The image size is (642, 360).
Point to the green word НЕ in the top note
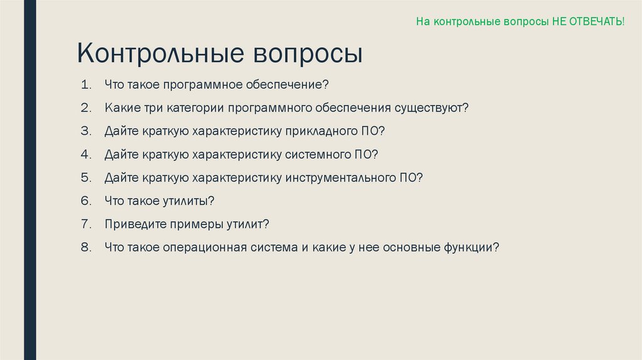pos(559,21)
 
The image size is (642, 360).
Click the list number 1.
pos(85,85)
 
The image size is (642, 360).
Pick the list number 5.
pos(85,177)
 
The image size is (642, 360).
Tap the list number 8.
pos(85,247)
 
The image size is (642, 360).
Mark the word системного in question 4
pos(317,154)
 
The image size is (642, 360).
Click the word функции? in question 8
pos(472,247)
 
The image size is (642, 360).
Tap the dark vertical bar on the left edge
pos(29,180)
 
